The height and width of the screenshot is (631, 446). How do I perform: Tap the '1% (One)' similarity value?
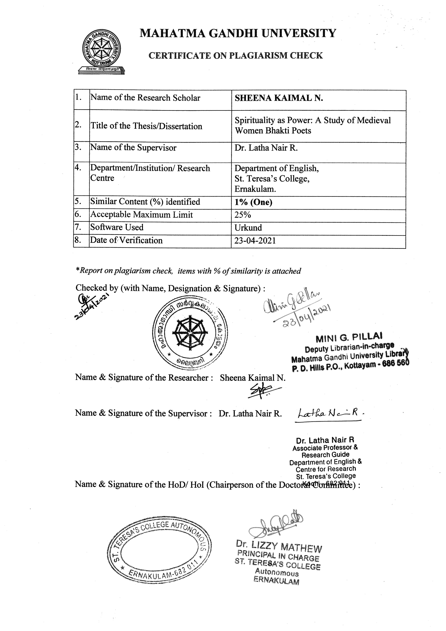pyautogui.click(x=253, y=202)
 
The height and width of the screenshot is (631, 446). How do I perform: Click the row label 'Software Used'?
pyautogui.click(x=117, y=227)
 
